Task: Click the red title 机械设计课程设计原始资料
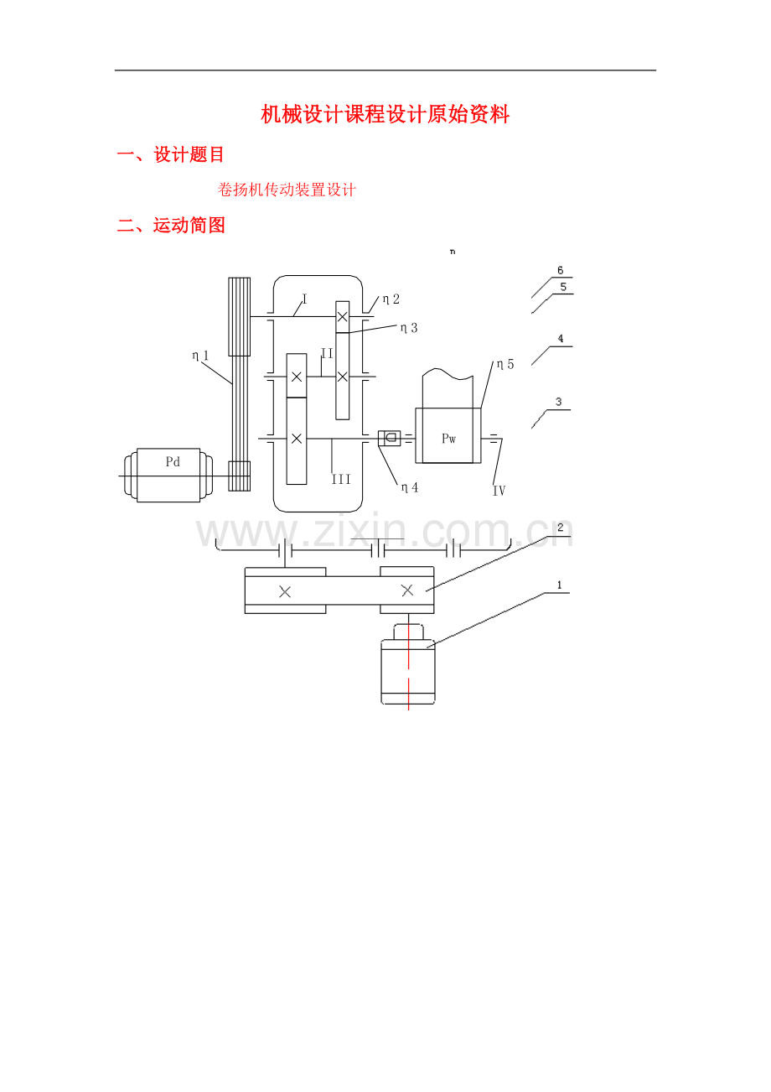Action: [385, 114]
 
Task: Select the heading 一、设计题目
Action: [170, 154]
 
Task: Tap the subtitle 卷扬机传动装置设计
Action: [287, 190]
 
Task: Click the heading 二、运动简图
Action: [171, 226]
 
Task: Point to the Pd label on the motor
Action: [173, 461]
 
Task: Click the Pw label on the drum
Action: [448, 439]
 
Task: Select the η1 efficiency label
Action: [200, 356]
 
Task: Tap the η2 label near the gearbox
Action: [391, 299]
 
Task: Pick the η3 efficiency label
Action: [409, 328]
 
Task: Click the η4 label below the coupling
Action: [409, 487]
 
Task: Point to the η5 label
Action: [505, 364]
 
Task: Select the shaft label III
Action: [341, 479]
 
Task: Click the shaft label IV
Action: [499, 491]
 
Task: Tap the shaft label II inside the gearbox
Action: [327, 353]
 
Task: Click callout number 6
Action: [560, 270]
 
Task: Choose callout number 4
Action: [561, 338]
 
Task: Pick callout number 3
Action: [559, 402]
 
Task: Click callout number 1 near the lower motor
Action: [559, 585]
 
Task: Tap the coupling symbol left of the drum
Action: [390, 438]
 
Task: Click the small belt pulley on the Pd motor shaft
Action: [239, 476]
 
